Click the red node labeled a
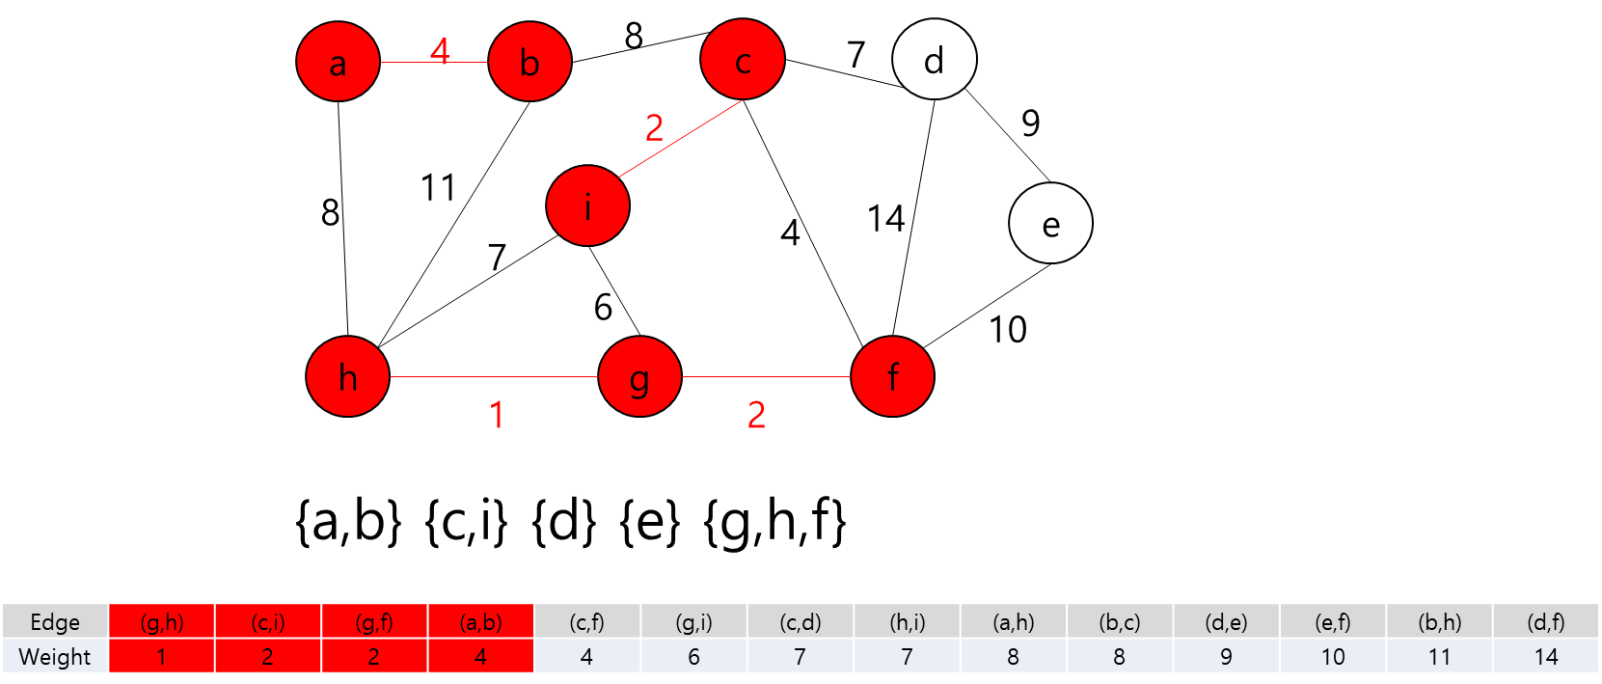(x=338, y=62)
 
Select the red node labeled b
(x=529, y=62)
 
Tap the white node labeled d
(x=934, y=60)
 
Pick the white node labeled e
(x=1050, y=223)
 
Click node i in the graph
(x=587, y=205)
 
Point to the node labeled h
(x=347, y=376)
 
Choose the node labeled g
(x=639, y=376)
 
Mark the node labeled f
(x=892, y=376)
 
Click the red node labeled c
(x=743, y=60)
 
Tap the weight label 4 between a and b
(x=440, y=50)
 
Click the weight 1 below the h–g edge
(x=497, y=416)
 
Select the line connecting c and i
(x=680, y=139)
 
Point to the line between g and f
(x=766, y=376)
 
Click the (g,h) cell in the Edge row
(x=161, y=622)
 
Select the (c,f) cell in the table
(x=586, y=622)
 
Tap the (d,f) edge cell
(x=1545, y=622)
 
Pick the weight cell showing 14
(x=1545, y=657)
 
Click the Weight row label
(x=55, y=657)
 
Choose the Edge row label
(x=55, y=622)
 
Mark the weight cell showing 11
(x=1439, y=657)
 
